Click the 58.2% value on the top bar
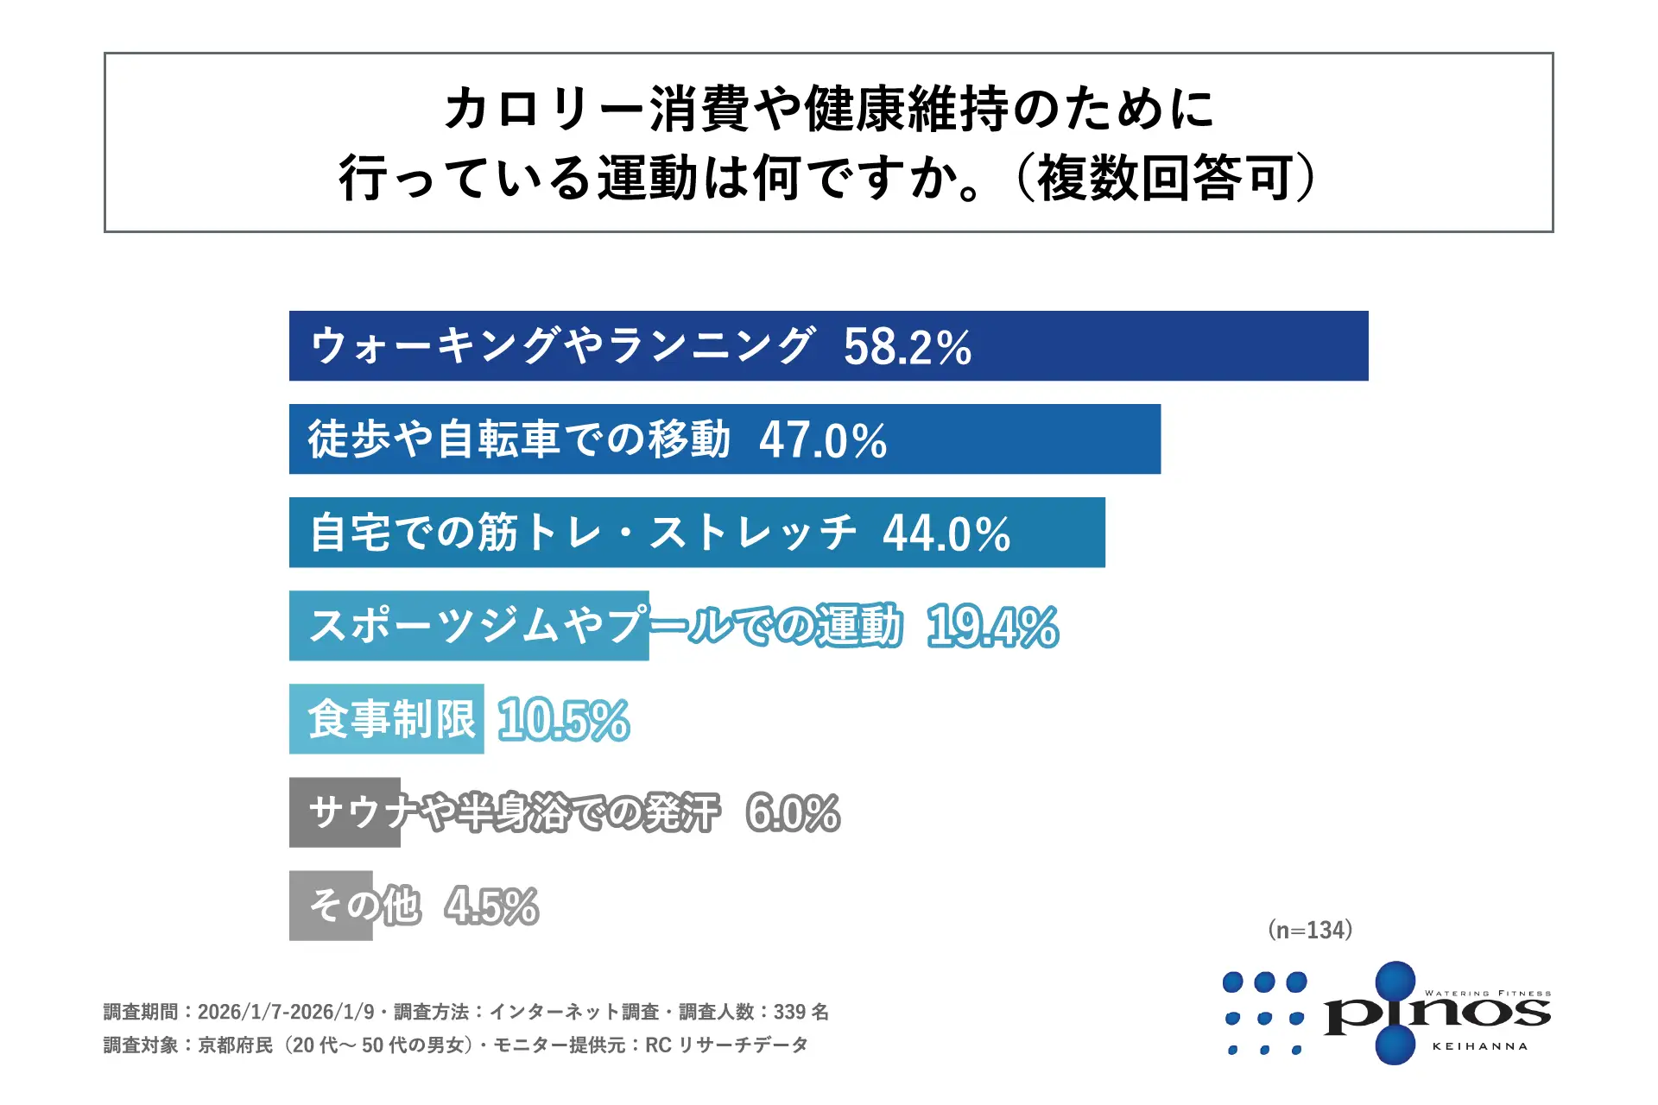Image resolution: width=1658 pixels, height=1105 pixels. (x=907, y=347)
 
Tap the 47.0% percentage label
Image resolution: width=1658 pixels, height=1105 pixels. (x=822, y=440)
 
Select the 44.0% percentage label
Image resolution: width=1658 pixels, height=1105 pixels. (x=946, y=534)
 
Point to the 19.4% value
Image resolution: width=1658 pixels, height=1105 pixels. (x=992, y=627)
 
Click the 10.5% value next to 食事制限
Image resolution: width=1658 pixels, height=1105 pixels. (x=564, y=720)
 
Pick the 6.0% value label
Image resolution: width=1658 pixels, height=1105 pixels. (x=793, y=813)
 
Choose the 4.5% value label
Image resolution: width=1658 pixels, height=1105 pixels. (x=492, y=906)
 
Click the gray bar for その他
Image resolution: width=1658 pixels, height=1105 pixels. (x=331, y=906)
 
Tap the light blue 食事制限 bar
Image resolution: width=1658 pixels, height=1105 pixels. (x=386, y=719)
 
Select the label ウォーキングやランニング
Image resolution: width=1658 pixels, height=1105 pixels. (x=562, y=346)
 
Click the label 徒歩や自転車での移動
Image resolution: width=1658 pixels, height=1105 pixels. (x=519, y=439)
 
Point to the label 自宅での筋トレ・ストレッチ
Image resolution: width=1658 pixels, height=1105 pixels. (x=583, y=533)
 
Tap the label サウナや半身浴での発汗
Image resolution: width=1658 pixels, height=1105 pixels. (x=514, y=813)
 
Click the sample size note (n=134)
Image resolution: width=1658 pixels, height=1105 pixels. (x=1310, y=930)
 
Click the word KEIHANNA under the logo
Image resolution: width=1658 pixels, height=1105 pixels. (x=1479, y=1046)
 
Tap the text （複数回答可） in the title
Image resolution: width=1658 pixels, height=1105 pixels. (x=1166, y=179)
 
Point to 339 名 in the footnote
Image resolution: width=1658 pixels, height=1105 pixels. (x=801, y=1012)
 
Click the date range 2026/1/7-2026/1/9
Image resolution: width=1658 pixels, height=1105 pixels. (x=286, y=1012)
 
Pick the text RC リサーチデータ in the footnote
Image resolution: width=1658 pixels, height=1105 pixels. (x=726, y=1045)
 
